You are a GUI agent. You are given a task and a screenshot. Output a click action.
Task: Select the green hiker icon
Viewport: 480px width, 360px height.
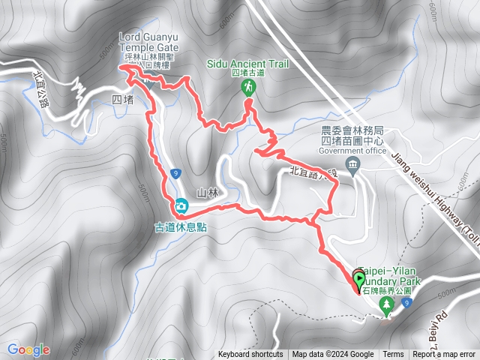(x=247, y=88)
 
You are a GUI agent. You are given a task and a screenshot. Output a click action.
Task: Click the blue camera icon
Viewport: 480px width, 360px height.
(x=181, y=205)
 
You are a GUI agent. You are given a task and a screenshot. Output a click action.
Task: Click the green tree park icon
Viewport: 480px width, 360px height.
(x=387, y=304)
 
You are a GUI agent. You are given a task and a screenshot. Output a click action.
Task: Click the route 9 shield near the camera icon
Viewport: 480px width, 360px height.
(x=174, y=173)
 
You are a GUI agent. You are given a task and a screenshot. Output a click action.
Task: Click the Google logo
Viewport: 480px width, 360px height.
(x=28, y=349)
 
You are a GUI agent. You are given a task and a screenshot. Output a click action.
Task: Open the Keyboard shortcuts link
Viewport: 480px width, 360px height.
(x=250, y=355)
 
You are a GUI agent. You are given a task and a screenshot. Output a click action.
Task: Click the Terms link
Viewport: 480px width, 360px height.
(x=393, y=355)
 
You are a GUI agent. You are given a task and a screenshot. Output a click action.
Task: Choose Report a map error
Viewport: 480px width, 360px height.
(x=445, y=355)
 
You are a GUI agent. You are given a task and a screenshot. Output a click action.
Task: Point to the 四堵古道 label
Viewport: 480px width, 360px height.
(x=248, y=73)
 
